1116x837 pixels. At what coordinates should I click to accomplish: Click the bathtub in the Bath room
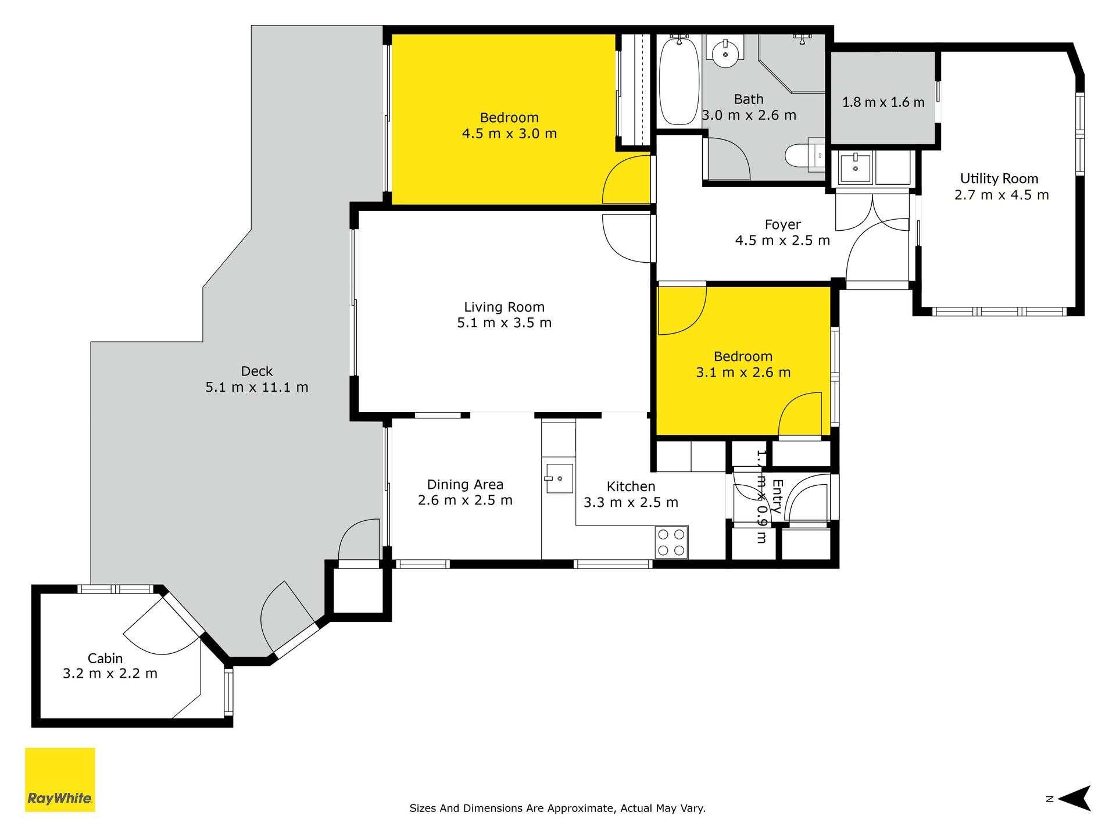679,81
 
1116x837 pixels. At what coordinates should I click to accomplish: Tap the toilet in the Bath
804,155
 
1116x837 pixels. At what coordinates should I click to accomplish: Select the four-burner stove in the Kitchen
671,542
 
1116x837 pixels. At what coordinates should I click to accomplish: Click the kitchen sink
559,478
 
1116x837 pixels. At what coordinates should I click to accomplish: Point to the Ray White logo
60,779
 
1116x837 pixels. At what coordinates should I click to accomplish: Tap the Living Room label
504,307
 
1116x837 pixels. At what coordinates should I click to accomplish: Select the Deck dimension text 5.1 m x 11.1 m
257,387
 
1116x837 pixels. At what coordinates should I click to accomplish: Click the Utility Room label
999,178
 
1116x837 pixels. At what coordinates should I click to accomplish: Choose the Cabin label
105,658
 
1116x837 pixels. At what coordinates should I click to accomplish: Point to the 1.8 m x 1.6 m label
884,102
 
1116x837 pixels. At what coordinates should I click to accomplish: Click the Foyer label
782,224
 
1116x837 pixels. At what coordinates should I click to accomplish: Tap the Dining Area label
465,484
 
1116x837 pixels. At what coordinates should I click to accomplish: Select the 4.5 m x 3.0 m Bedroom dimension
510,134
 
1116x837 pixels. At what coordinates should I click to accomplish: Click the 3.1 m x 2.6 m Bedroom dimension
743,373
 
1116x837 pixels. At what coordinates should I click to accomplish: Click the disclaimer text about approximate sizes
557,808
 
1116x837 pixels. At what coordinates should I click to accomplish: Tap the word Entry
777,496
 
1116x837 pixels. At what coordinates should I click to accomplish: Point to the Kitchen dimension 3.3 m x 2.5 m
631,502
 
